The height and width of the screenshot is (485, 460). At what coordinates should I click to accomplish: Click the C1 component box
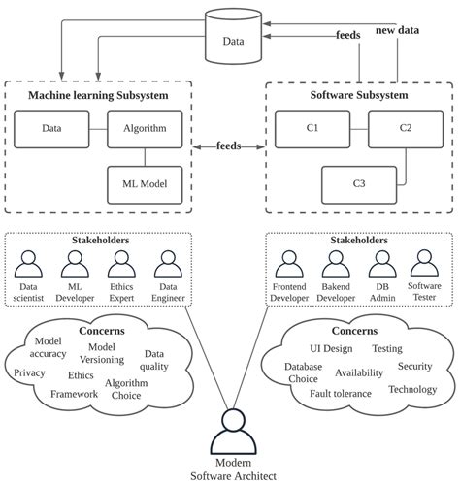tap(312, 128)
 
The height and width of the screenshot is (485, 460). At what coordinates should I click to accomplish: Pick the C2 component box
tap(405, 128)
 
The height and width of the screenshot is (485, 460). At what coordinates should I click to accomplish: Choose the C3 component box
tap(358, 182)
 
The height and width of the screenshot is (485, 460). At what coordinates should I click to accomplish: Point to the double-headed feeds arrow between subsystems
tap(229, 147)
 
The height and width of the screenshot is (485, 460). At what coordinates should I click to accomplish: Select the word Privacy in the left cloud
tap(30, 372)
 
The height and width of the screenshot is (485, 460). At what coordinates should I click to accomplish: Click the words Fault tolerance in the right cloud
tap(341, 393)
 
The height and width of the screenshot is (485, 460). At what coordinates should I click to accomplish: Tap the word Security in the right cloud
tap(414, 367)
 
